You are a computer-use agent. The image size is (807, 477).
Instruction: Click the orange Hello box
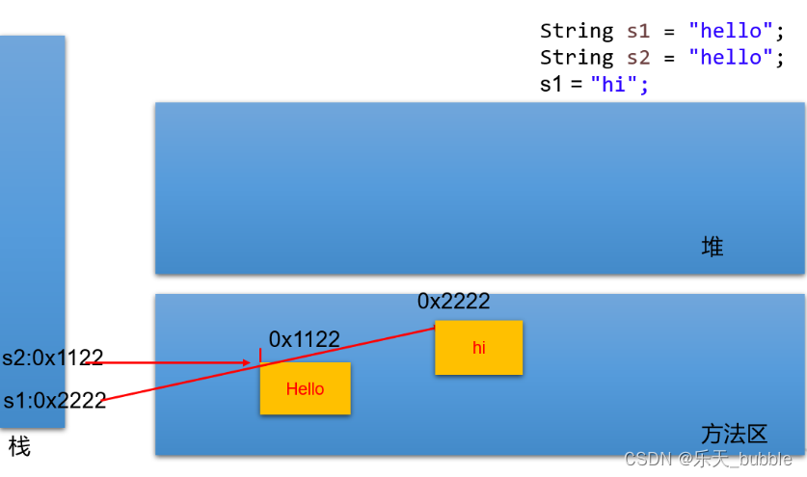pyautogui.click(x=305, y=388)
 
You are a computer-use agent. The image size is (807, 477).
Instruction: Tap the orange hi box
pyautogui.click(x=478, y=348)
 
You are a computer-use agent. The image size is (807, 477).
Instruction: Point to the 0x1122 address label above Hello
pyautogui.click(x=304, y=339)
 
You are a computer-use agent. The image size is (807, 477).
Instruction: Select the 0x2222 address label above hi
pyautogui.click(x=453, y=302)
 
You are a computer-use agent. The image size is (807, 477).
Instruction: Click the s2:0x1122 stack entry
pyautogui.click(x=52, y=358)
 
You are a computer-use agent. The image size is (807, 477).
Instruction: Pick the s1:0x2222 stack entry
pyautogui.click(x=54, y=401)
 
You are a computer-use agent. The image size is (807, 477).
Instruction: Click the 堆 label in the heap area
pyautogui.click(x=713, y=248)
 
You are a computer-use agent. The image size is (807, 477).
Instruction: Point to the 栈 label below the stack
pyautogui.click(x=19, y=447)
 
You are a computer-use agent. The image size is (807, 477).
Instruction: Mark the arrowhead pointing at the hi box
pyautogui.click(x=431, y=329)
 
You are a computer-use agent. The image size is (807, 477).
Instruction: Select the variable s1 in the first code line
pyautogui.click(x=638, y=31)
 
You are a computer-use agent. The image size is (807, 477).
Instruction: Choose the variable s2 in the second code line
pyautogui.click(x=638, y=57)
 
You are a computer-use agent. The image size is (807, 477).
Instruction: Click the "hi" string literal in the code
pyautogui.click(x=614, y=84)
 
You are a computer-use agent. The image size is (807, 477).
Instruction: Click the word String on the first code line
pyautogui.click(x=577, y=31)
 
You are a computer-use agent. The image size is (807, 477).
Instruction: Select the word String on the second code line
pyautogui.click(x=577, y=57)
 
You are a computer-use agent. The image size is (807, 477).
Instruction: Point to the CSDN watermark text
pyautogui.click(x=708, y=460)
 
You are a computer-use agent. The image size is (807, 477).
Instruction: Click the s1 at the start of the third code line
pyautogui.click(x=551, y=84)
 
